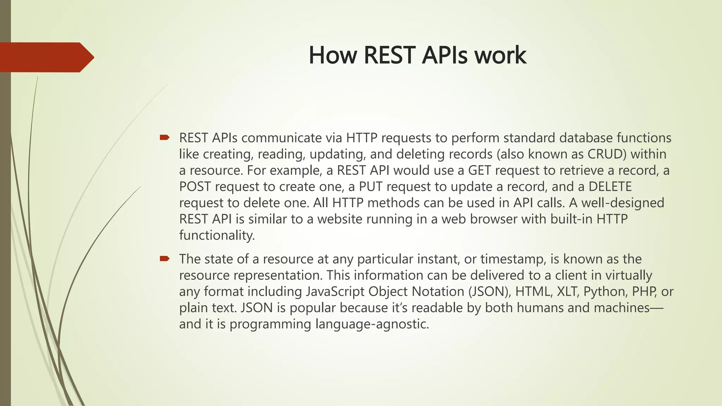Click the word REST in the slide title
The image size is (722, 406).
click(390, 56)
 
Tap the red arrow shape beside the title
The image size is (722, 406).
click(46, 57)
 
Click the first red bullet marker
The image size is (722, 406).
click(165, 137)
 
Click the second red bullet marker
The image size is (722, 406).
click(165, 259)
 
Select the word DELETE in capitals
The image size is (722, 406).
click(610, 187)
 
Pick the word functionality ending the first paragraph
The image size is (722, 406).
click(216, 235)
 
